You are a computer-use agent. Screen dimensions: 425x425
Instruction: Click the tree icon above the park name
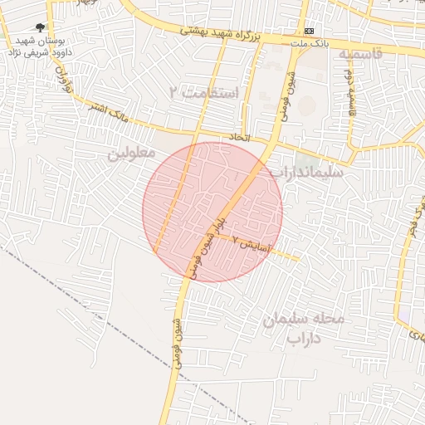pos(41,27)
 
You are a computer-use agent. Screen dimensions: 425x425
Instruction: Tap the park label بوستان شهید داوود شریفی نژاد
pos(40,46)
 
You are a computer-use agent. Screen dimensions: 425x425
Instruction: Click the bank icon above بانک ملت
pos(309,31)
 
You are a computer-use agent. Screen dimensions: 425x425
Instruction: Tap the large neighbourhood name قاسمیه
pos(359,54)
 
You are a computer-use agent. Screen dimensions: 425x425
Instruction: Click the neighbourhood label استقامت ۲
pos(203,91)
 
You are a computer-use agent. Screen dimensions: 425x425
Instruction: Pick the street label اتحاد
pos(238,136)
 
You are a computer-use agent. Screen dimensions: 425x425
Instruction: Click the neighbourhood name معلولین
pos(130,154)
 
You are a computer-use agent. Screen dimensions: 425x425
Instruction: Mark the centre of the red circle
pos(212,212)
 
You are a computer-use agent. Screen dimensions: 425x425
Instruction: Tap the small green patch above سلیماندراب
pos(306,158)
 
